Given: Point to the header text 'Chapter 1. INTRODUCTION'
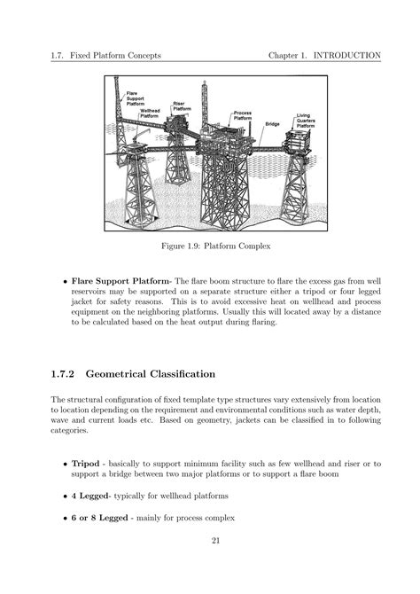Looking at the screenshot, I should tap(324, 55).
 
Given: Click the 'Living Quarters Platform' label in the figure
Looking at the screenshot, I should tap(307, 121).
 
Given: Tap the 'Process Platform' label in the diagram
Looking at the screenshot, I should tap(244, 117).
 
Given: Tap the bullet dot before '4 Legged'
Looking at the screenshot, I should tap(64, 496).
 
